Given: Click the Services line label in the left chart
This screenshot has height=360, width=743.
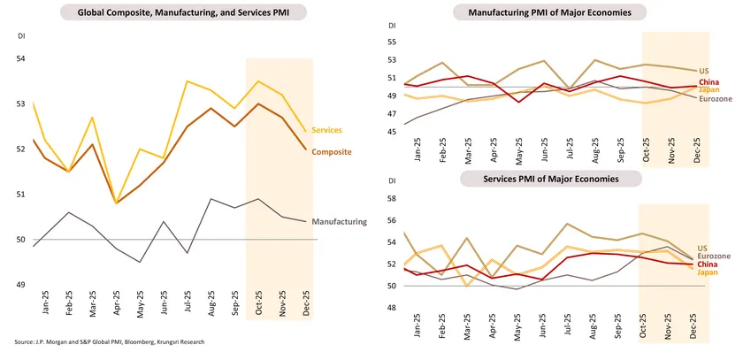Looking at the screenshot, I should (327, 130).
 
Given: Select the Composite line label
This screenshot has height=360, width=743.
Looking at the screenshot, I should (333, 151).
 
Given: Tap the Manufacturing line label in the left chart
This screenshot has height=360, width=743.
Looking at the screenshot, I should (340, 222).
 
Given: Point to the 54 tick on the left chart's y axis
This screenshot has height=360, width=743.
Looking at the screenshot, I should (22, 58).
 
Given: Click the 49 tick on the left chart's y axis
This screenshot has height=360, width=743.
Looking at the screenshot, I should (22, 285).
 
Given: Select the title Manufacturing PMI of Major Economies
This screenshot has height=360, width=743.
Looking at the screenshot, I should (549, 13).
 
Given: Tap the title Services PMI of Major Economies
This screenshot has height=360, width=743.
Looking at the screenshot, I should (549, 179).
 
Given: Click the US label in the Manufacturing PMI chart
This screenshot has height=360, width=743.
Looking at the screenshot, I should (704, 71).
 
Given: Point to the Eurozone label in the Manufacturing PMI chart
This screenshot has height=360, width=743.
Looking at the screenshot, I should (715, 98).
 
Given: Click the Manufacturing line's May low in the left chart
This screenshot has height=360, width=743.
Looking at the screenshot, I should (140, 262).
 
